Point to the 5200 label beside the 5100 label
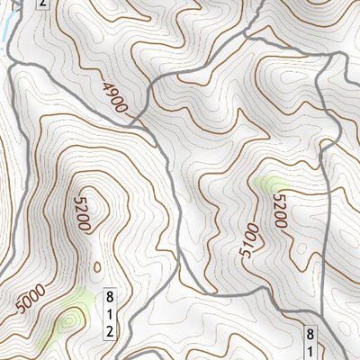point(278,212)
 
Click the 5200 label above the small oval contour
point(83,214)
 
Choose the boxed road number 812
point(111,313)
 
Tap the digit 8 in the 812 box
point(111,297)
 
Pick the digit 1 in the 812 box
point(111,313)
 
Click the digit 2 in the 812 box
point(111,330)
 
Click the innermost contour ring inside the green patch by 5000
point(67,319)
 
